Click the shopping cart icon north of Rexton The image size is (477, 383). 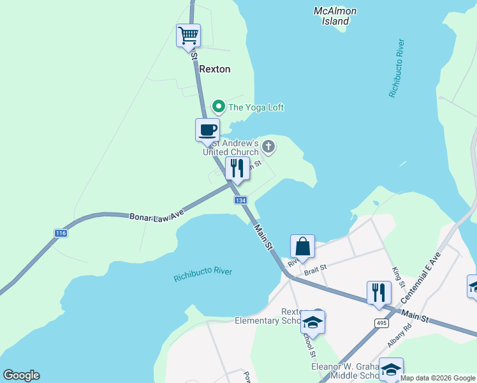[x=188, y=35]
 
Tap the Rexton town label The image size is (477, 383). [x=214, y=69]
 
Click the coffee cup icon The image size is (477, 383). [x=207, y=130]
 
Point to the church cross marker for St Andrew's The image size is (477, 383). [x=268, y=147]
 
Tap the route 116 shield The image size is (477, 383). [x=61, y=233]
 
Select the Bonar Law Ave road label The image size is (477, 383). [x=156, y=217]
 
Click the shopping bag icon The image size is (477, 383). [x=302, y=246]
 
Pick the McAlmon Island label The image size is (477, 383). [x=335, y=16]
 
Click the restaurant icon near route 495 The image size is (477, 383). [x=379, y=292]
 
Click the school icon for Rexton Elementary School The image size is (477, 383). [x=312, y=322]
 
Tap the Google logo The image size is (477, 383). [x=21, y=375]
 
